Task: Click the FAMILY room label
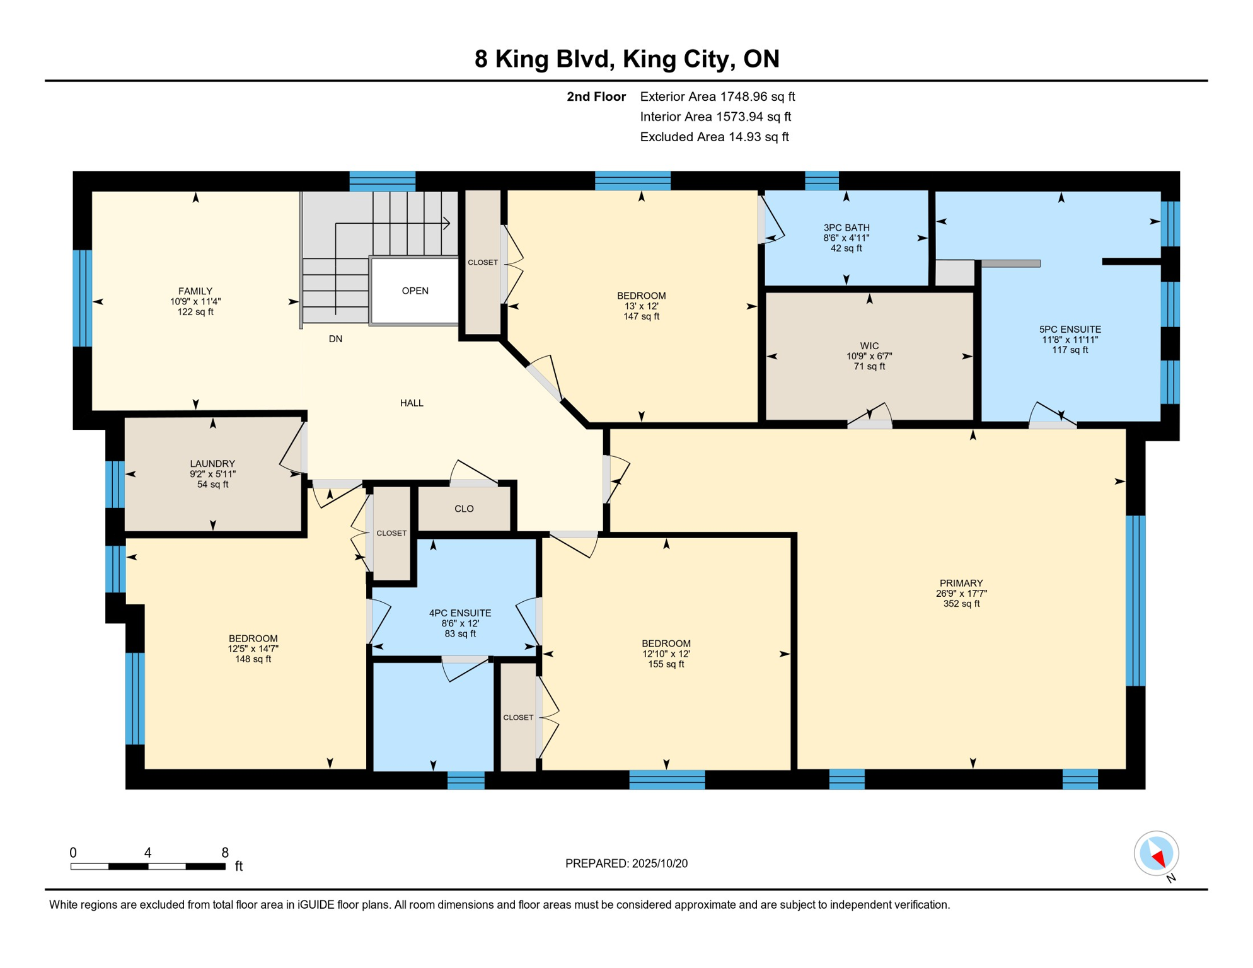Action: [195, 291]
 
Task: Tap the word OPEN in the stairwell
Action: [415, 291]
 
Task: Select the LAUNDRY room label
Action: [212, 464]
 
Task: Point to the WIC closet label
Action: [869, 346]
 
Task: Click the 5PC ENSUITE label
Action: [1070, 329]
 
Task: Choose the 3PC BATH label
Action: [846, 228]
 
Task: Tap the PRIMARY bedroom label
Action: [961, 583]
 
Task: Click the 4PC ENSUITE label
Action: [460, 613]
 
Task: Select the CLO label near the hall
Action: [464, 509]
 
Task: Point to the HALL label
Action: [412, 403]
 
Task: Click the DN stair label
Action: [335, 339]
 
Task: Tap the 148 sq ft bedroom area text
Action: [253, 659]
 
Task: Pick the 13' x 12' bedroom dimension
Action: [641, 306]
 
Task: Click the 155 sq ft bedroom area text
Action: [666, 664]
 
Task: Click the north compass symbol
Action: [1157, 855]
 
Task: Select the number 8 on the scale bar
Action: [225, 853]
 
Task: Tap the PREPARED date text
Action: [626, 863]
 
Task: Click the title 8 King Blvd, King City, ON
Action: [626, 59]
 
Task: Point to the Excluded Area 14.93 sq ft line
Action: [714, 137]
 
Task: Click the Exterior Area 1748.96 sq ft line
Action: [717, 96]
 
